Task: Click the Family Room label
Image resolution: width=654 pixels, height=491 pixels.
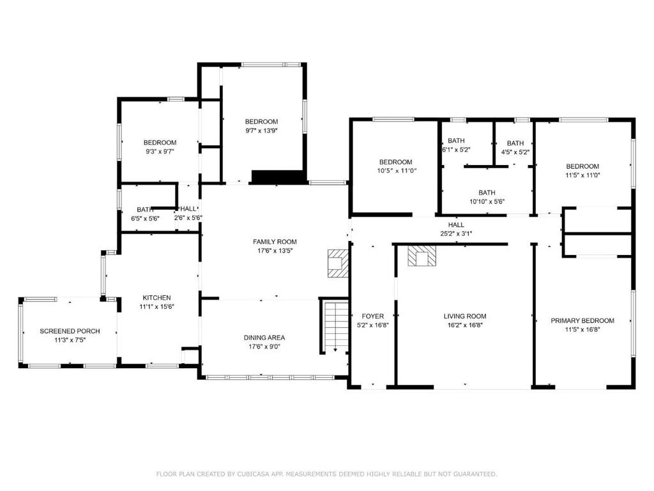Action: [x=275, y=242]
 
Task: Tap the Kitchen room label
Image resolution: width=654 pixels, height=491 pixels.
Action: [x=157, y=298]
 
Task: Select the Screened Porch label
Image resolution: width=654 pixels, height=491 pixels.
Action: [x=70, y=331]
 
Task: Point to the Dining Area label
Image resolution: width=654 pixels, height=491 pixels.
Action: [x=264, y=338]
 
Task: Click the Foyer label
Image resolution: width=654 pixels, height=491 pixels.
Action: [x=373, y=316]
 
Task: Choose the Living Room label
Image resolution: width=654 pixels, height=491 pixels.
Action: [x=465, y=316]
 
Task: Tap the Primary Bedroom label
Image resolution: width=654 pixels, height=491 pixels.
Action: [x=582, y=321]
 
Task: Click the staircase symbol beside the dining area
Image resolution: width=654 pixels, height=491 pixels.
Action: [x=336, y=326]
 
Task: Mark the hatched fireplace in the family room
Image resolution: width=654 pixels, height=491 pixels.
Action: [x=338, y=263]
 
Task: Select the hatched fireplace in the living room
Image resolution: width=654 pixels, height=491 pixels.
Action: [x=422, y=256]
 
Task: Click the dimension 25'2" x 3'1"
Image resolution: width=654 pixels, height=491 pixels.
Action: [x=456, y=234]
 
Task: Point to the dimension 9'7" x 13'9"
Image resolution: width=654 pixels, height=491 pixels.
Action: [x=261, y=130]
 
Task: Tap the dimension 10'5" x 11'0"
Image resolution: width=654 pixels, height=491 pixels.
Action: [x=396, y=171]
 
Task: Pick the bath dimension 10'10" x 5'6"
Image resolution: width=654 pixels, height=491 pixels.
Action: [x=487, y=201]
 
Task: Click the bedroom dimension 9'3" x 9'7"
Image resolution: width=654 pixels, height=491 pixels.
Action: [x=160, y=152]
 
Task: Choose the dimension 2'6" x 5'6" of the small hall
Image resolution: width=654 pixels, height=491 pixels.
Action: [x=188, y=217]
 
